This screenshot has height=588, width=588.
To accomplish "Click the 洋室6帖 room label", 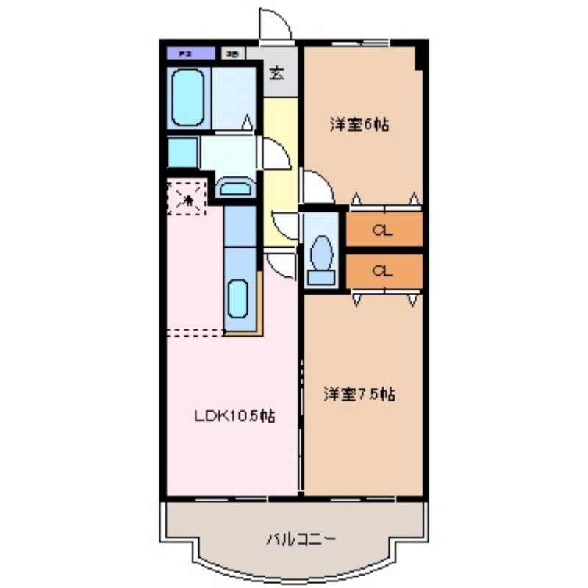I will [x=359, y=124].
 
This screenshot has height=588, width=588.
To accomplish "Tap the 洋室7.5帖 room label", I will [x=360, y=395].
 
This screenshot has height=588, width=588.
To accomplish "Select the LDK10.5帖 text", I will [x=235, y=416].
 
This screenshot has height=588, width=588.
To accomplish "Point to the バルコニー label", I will [x=301, y=540].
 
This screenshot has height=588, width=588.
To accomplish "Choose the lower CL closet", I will [x=383, y=271].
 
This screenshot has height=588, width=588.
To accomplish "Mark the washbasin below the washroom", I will [x=235, y=189].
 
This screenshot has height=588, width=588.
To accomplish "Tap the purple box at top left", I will [x=190, y=53].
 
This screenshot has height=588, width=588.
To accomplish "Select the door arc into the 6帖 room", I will [x=314, y=184].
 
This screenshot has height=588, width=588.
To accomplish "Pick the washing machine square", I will [x=182, y=154].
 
